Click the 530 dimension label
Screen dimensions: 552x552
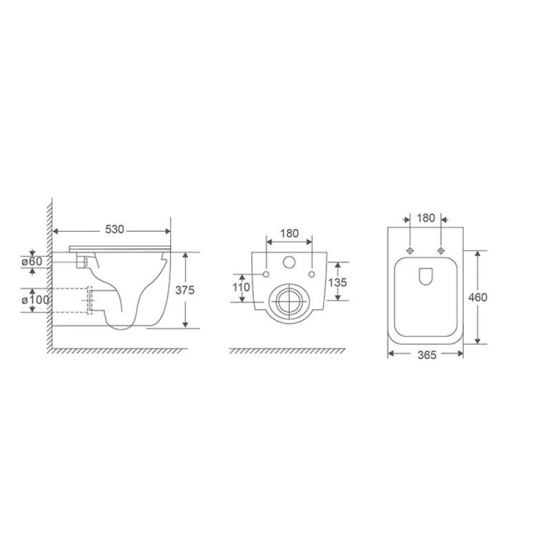[x=115, y=230]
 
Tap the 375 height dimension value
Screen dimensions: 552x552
[x=185, y=290]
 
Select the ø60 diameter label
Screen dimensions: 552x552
[x=32, y=262]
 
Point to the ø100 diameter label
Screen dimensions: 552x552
[x=35, y=300]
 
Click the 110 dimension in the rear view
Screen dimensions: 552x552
[x=241, y=287]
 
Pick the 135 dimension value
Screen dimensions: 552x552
[x=337, y=282]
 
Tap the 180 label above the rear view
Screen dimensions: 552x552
[x=289, y=233]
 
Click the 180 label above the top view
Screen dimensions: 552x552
[x=426, y=218]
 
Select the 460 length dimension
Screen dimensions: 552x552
[x=477, y=297]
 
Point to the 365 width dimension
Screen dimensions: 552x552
[x=427, y=355]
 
